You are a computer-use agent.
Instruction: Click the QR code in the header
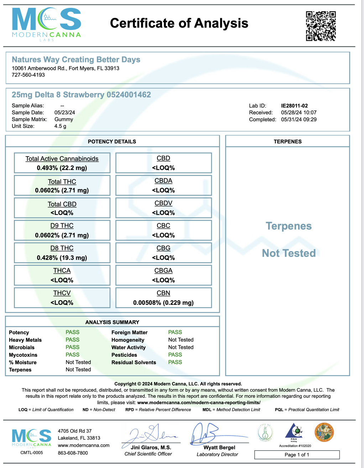321,26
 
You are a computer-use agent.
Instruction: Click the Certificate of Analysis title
179,24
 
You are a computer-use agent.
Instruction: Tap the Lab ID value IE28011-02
294,106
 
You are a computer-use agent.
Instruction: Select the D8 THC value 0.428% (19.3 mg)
62,258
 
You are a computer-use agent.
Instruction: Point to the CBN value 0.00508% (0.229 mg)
163,302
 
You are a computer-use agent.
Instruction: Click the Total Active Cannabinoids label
62,159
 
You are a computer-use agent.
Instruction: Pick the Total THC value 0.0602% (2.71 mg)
62,190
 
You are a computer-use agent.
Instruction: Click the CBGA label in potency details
163,271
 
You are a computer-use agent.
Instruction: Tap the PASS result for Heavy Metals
72,340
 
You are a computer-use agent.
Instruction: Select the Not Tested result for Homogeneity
181,340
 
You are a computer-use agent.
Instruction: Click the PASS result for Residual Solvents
175,362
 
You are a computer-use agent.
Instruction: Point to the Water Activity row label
129,347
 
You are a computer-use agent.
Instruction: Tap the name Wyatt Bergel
219,447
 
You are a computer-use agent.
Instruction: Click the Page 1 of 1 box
297,455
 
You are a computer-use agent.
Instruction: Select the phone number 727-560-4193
28,75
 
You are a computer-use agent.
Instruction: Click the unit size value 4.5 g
60,126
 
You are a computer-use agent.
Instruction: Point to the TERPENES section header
287,142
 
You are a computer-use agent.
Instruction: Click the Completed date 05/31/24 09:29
299,119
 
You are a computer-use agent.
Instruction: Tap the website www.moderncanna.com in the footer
84,445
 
